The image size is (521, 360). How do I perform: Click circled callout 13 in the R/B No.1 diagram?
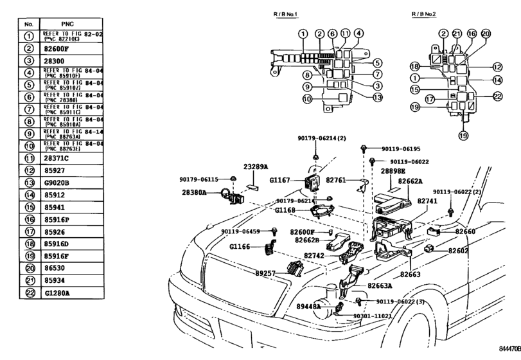pos(377,98)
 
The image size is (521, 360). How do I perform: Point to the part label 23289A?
pos(255,166)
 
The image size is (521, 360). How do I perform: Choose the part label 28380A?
pos(195,192)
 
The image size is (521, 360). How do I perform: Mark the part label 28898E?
pos(393,172)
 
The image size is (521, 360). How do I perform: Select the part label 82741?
pos(428,201)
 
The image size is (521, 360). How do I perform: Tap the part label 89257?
pos(265,273)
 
